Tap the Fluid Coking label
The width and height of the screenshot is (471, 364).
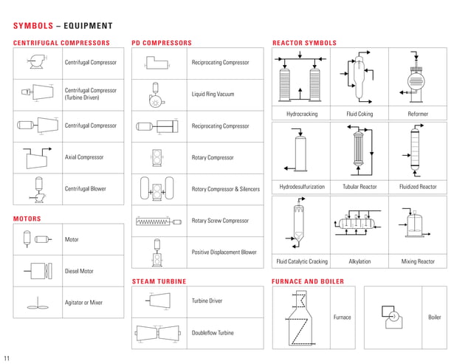360,114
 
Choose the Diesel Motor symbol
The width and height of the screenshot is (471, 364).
38,271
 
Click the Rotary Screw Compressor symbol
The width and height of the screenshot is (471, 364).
157,221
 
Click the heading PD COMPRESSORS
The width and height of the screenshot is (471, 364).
161,43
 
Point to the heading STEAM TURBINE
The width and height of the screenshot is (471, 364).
159,281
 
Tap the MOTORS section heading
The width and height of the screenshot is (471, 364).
27,219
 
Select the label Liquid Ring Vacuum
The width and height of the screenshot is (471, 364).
213,94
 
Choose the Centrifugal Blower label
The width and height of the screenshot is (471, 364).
86,189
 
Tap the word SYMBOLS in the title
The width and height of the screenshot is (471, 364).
33,26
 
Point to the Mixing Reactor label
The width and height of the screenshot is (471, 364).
418,262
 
